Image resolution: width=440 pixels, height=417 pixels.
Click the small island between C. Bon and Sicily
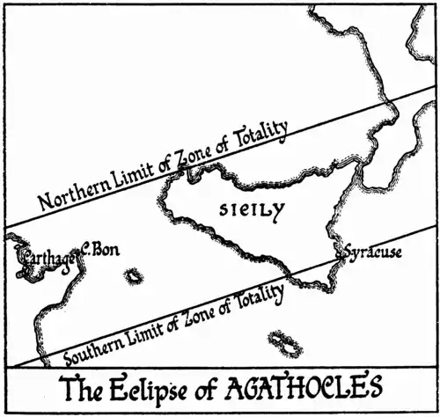point(134,276)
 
